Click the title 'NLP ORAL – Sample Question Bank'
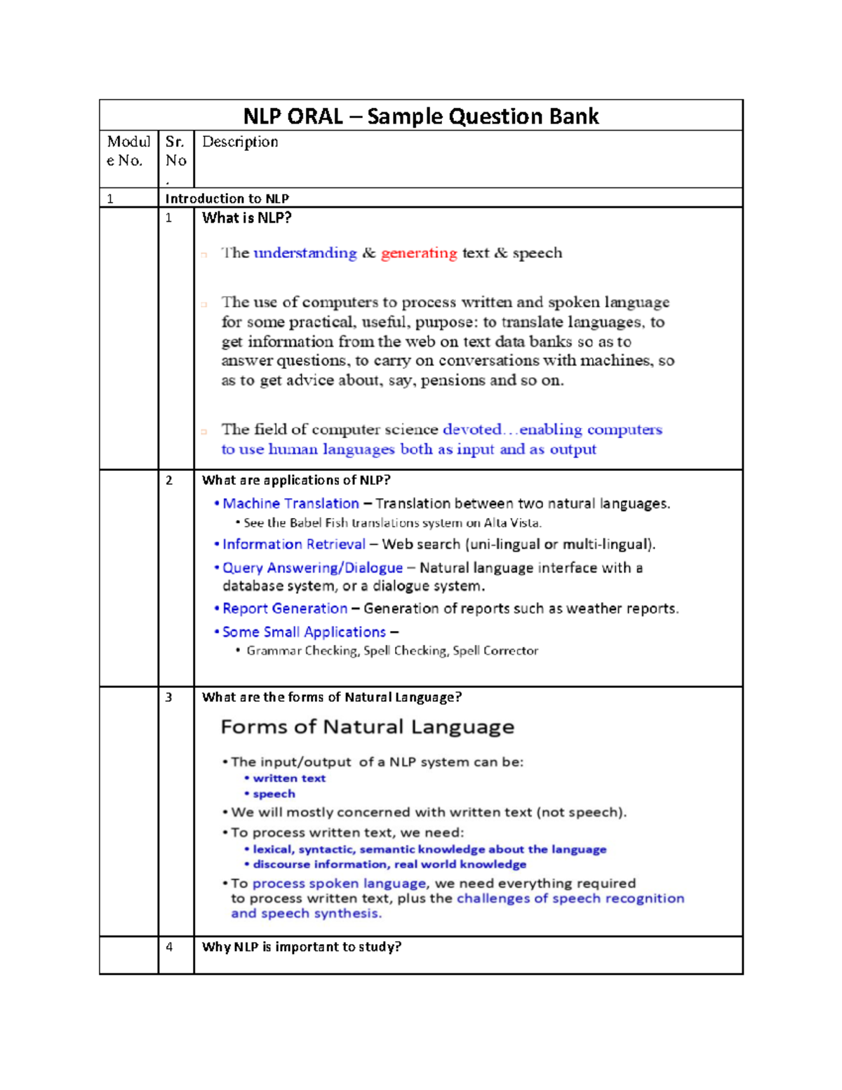click(421, 116)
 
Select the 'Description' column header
click(240, 142)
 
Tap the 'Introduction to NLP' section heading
click(227, 199)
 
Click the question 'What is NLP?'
click(246, 218)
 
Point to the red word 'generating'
click(419, 253)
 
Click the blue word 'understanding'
click(305, 253)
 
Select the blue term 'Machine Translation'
click(290, 504)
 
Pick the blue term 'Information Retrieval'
click(294, 545)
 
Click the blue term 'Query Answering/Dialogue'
click(312, 568)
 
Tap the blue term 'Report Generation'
click(285, 609)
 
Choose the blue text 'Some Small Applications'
click(304, 632)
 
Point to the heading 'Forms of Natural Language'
click(367, 727)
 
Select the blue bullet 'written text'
click(289, 778)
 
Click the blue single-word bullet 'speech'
click(274, 794)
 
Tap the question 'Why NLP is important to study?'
click(302, 947)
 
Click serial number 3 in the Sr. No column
click(169, 697)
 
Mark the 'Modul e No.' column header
click(128, 151)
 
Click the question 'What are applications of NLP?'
click(296, 480)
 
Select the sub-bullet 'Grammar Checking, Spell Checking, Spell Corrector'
click(392, 651)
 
